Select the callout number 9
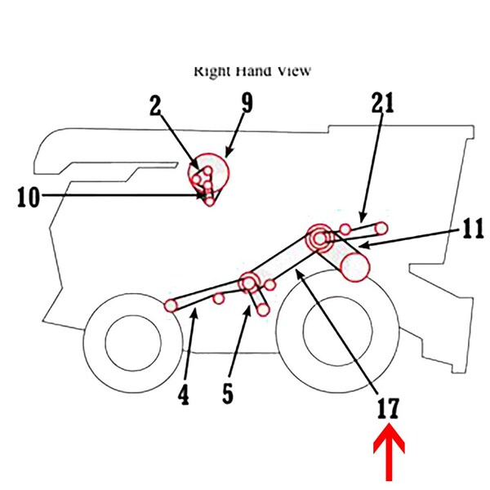pyautogui.click(x=247, y=105)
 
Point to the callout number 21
pyautogui.click(x=382, y=103)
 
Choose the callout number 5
pyautogui.click(x=228, y=392)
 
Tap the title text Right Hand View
pyautogui.click(x=252, y=71)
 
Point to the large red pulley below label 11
pyautogui.click(x=355, y=266)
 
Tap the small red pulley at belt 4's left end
pyautogui.click(x=171, y=305)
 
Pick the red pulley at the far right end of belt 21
pyautogui.click(x=381, y=227)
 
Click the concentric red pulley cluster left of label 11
pyautogui.click(x=318, y=237)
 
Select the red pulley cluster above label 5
pyautogui.click(x=249, y=283)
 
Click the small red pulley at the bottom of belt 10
pyautogui.click(x=211, y=200)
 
